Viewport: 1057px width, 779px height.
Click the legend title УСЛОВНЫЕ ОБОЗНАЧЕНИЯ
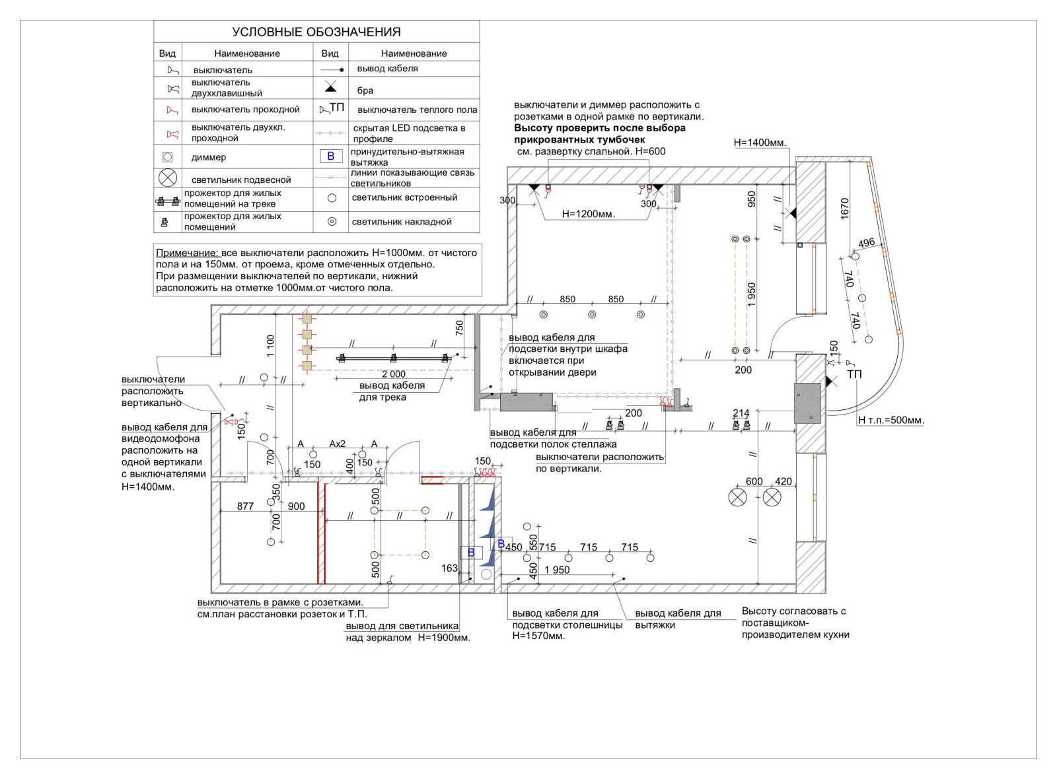316,32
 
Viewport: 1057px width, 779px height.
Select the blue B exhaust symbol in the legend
331,156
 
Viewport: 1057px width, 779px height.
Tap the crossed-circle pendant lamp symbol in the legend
168,178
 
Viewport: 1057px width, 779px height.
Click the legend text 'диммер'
209,157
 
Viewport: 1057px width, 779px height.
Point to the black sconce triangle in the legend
331,87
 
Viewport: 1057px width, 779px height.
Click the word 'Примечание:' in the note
187,253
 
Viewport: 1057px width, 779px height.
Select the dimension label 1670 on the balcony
844,209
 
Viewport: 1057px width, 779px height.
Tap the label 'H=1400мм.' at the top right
760,143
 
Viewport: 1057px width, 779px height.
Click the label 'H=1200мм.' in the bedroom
588,214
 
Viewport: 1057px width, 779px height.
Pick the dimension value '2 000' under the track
394,374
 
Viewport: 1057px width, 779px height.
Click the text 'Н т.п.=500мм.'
891,420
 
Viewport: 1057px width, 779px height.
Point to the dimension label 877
245,506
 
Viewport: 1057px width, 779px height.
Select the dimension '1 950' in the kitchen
557,570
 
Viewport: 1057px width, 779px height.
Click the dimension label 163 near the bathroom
449,568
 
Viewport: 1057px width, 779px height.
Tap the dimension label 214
741,413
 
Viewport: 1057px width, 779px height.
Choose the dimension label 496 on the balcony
866,243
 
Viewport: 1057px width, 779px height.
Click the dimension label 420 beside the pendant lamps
784,481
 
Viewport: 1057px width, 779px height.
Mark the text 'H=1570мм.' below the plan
538,636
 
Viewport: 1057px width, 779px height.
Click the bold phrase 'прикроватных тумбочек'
579,140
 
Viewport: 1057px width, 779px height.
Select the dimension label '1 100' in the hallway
270,346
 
